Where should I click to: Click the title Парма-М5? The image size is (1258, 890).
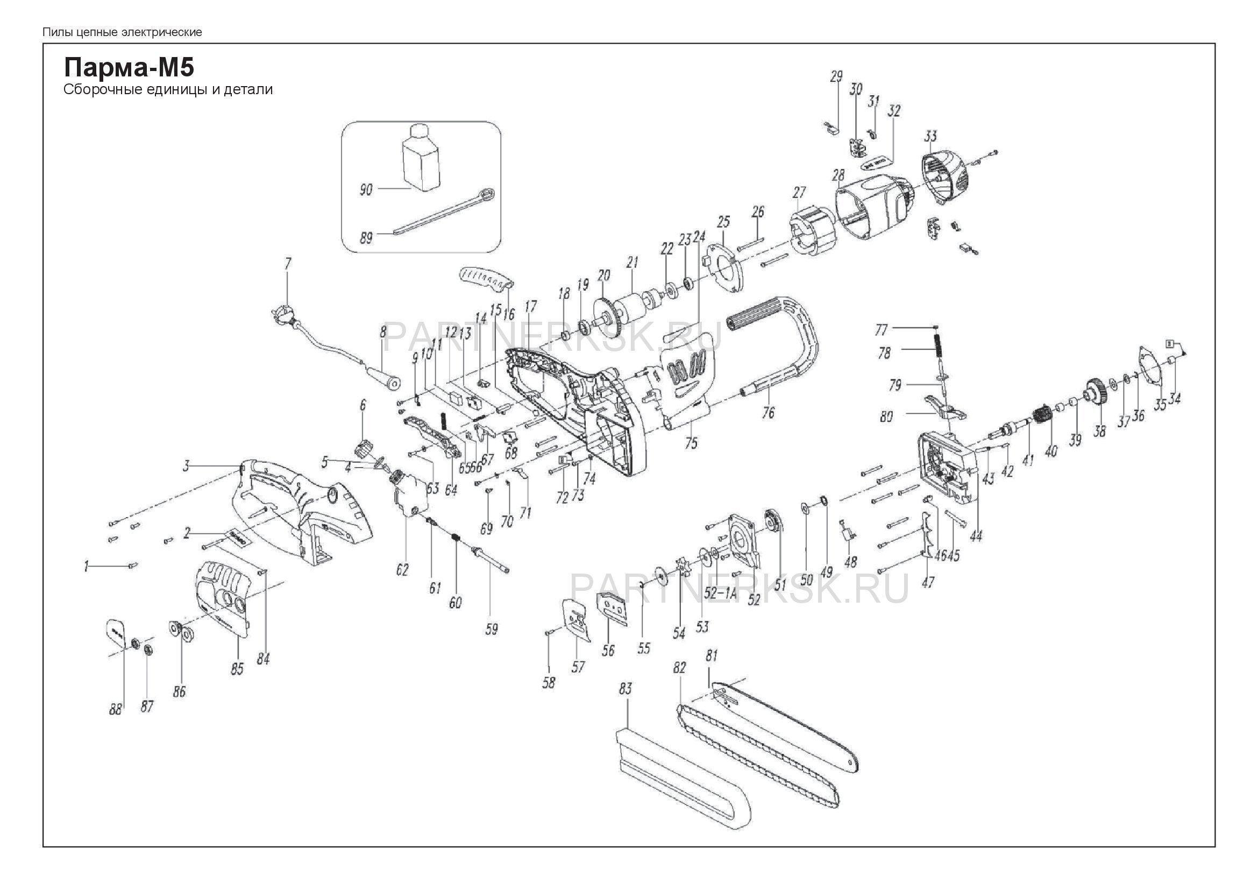coord(129,68)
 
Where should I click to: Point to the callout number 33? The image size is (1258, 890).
coord(930,136)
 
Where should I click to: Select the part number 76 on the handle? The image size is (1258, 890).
coord(768,412)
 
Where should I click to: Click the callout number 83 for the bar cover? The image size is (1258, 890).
coord(625,689)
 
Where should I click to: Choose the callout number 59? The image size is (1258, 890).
coord(492,629)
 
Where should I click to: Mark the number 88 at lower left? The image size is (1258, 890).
coord(115,710)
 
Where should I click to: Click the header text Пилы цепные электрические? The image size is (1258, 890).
coord(122,32)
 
